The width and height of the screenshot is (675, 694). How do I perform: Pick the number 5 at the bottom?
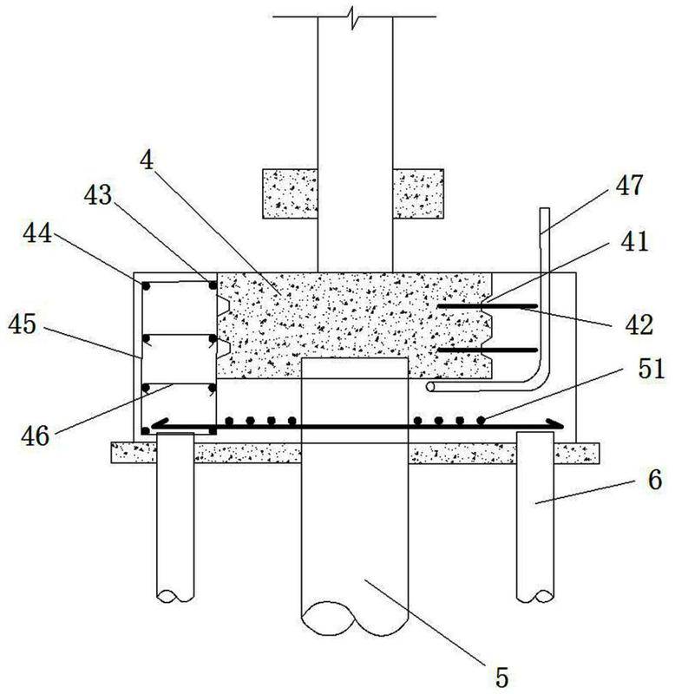(x=501, y=671)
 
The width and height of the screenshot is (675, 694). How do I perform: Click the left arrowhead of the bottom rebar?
(x=157, y=425)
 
